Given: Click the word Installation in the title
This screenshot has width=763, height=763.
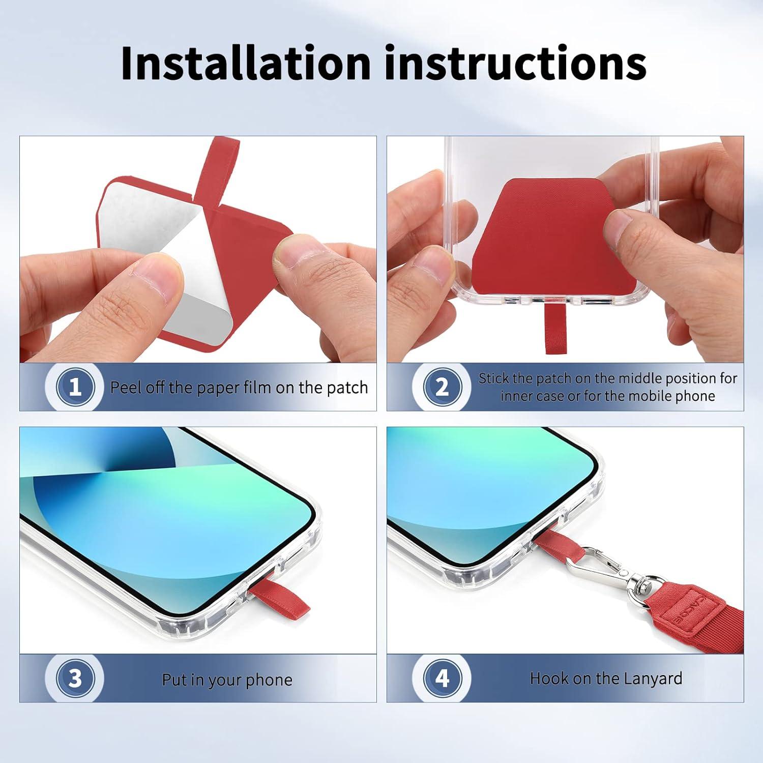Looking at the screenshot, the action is [246, 63].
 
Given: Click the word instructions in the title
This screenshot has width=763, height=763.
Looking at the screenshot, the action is [515, 63].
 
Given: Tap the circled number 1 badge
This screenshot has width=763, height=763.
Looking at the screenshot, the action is [75, 387].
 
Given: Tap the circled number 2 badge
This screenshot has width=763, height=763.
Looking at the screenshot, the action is [443, 387].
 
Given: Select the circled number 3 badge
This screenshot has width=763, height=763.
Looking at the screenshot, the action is [75, 678].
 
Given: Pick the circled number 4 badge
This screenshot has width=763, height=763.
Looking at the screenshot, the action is [443, 678].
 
